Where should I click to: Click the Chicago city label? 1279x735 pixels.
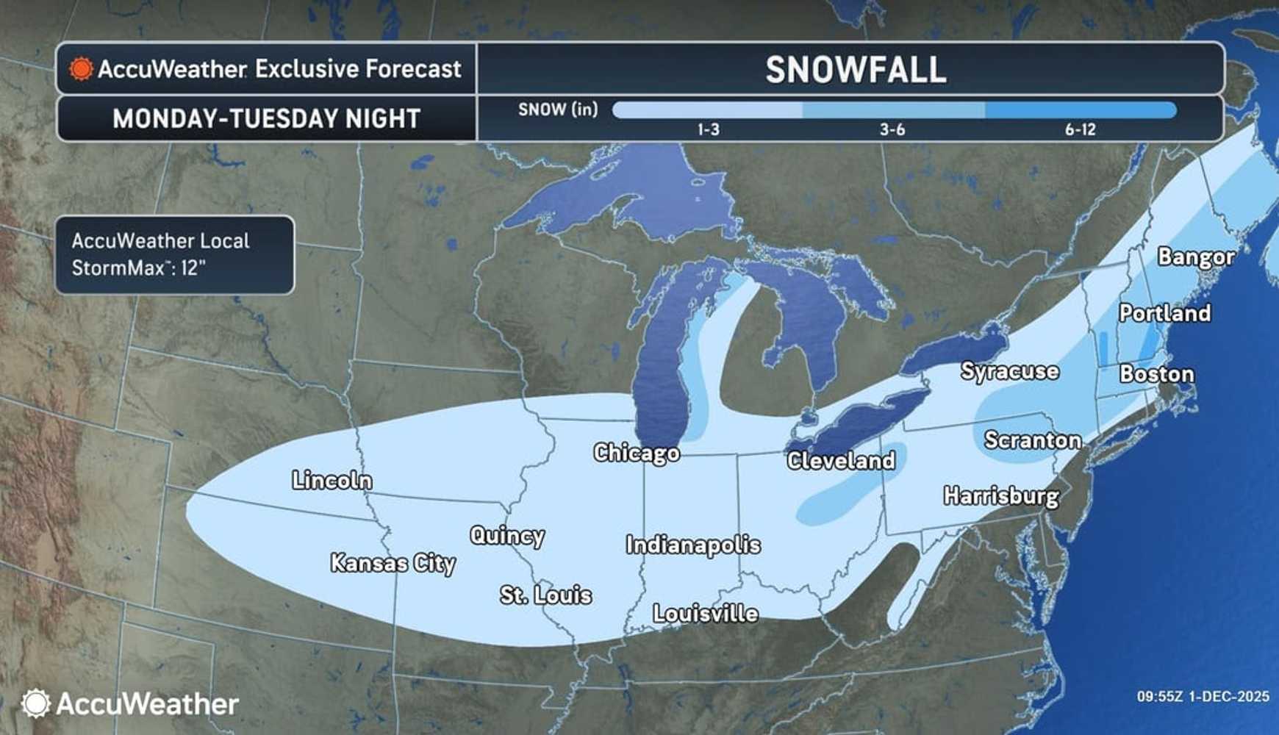click(x=637, y=453)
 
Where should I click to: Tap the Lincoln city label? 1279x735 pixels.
click(x=332, y=480)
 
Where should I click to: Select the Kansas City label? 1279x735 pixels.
click(x=393, y=563)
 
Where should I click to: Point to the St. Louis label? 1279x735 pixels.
click(x=545, y=595)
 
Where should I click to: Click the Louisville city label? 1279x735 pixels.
click(x=706, y=613)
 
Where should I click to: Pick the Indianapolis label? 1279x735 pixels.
click(x=693, y=545)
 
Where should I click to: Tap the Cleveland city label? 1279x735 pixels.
click(x=841, y=461)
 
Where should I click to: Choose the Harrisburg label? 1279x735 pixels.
click(x=1001, y=496)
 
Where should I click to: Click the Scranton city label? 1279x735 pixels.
click(x=1033, y=440)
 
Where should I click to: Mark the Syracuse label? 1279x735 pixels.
click(x=1010, y=371)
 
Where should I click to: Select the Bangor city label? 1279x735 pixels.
click(x=1196, y=257)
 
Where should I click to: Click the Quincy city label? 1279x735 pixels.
click(x=507, y=536)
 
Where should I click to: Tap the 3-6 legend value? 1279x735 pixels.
click(x=892, y=130)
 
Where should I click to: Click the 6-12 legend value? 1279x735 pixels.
click(x=1080, y=130)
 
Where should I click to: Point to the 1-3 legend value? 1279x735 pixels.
click(x=709, y=130)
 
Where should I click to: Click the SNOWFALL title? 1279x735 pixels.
click(x=856, y=70)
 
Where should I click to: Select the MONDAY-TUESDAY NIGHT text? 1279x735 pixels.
click(x=266, y=118)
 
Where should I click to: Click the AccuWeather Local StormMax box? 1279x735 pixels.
click(x=175, y=254)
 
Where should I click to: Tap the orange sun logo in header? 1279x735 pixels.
click(x=81, y=69)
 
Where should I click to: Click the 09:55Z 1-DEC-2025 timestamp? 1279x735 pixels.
click(x=1203, y=696)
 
